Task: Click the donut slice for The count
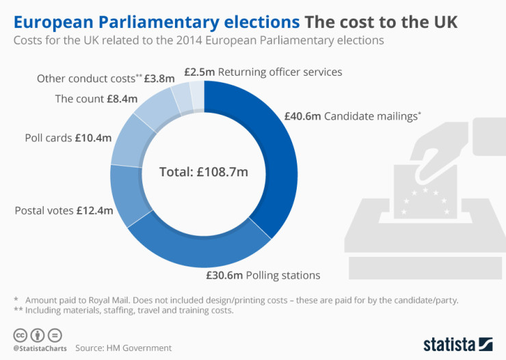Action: pyautogui.click(x=155, y=110)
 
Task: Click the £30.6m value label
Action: pyautogui.click(x=224, y=275)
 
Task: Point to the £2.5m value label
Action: pyautogui.click(x=200, y=72)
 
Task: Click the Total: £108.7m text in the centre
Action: pyautogui.click(x=203, y=172)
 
